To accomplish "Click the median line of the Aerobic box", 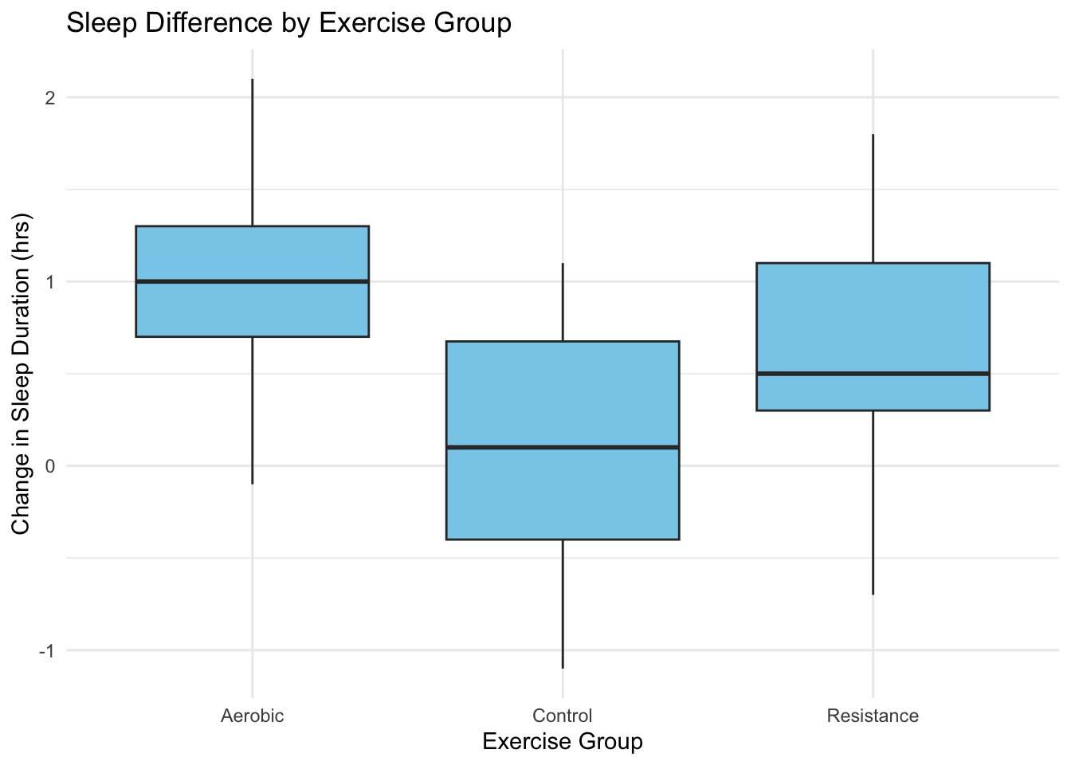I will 252,281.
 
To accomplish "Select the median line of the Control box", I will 563,447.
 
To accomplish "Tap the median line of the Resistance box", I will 873,374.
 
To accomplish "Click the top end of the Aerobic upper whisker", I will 252,79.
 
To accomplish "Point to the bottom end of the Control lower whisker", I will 563,668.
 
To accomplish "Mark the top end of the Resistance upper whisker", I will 873,135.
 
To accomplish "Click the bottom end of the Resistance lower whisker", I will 873,594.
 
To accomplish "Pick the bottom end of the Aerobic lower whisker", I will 252,484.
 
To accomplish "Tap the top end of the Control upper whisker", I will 563,263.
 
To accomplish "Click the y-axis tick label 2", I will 50,98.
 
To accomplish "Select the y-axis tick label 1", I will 50,282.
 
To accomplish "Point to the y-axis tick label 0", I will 50,466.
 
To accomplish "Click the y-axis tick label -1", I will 47,650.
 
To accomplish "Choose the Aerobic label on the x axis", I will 252,716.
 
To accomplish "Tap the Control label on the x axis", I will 563,716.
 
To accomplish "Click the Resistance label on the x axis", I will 873,716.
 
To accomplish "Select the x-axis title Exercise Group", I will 563,742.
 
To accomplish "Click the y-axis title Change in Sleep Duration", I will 21,374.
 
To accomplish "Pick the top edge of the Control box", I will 563,341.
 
